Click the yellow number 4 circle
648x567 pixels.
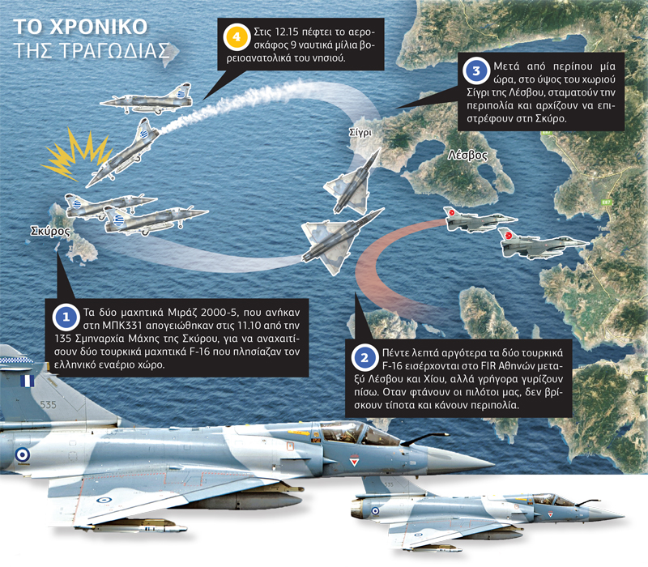[237, 37]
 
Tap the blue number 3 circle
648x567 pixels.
[476, 70]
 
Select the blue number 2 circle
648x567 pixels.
[365, 358]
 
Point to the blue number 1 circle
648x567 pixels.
[66, 318]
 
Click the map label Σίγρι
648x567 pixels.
[360, 133]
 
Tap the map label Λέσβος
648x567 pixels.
[467, 155]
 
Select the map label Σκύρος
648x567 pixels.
[50, 231]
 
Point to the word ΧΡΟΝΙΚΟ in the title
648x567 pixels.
[98, 28]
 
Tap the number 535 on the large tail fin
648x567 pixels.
[48, 405]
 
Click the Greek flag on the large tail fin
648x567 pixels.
[28, 381]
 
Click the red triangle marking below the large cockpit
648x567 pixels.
[354, 461]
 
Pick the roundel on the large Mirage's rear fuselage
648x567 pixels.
[23, 455]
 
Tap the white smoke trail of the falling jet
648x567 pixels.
[236, 103]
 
